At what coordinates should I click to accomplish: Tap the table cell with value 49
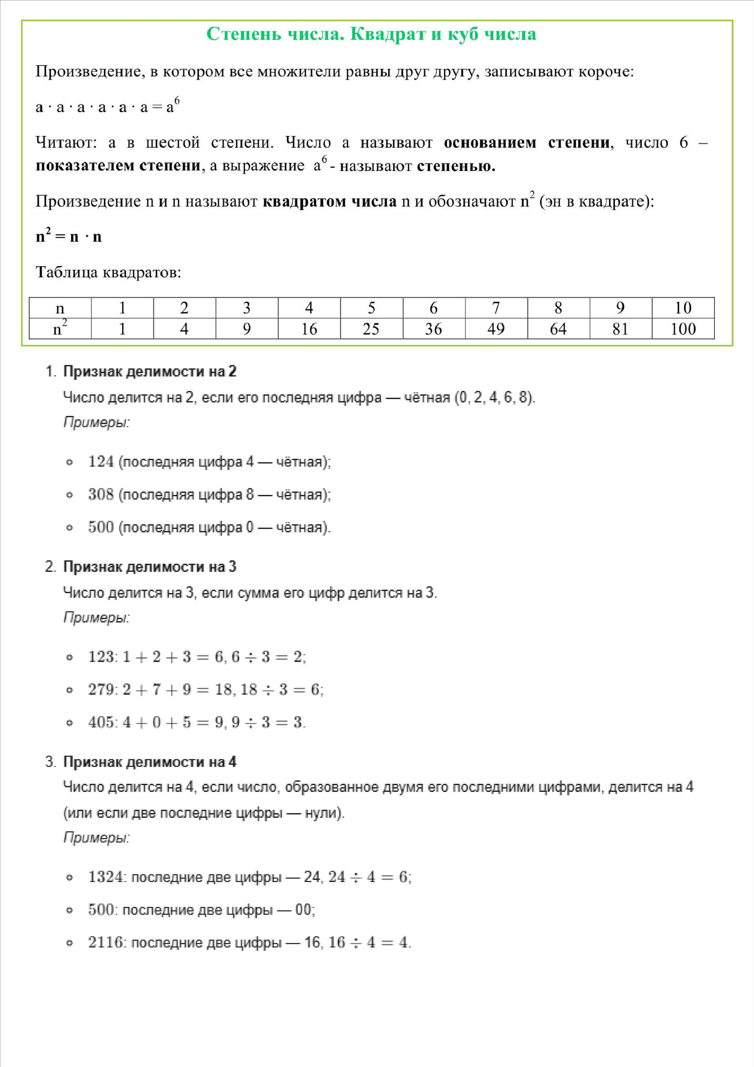[496, 328]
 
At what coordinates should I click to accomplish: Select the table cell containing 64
[558, 328]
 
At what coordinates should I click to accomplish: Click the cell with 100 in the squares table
[683, 328]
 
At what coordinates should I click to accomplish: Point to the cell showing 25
[371, 328]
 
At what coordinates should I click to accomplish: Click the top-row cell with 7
[496, 308]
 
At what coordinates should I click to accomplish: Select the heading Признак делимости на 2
[150, 371]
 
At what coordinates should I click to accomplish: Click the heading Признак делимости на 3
[150, 566]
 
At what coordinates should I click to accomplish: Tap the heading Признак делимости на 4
[150, 762]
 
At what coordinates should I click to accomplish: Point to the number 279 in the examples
[101, 689]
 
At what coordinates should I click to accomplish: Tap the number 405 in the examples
[101, 722]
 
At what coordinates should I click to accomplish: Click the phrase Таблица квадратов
[108, 272]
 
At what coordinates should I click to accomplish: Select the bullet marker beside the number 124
[70, 462]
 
